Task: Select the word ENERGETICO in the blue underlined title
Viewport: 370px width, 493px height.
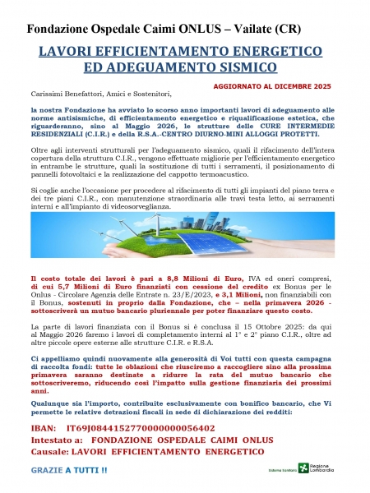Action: point(246,51)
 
